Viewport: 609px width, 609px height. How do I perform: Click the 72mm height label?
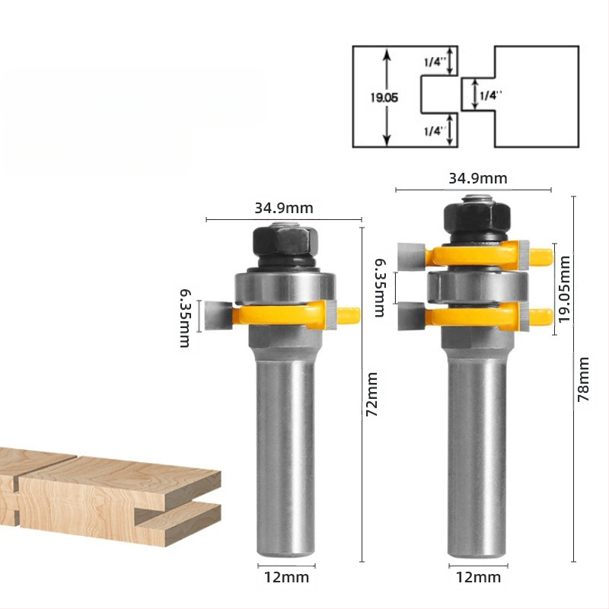[372, 394]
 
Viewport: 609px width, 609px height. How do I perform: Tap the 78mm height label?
[583, 379]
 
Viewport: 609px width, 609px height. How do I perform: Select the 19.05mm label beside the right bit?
[564, 289]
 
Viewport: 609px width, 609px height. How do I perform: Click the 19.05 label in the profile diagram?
[384, 97]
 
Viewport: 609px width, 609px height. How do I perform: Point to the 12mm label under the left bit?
[287, 578]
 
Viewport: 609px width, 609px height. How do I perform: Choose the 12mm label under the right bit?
[478, 578]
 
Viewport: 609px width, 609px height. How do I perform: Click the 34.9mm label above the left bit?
[284, 208]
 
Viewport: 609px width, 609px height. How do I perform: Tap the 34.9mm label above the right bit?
[478, 178]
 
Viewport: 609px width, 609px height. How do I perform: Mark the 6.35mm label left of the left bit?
[185, 318]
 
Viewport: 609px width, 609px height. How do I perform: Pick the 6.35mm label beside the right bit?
[380, 289]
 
